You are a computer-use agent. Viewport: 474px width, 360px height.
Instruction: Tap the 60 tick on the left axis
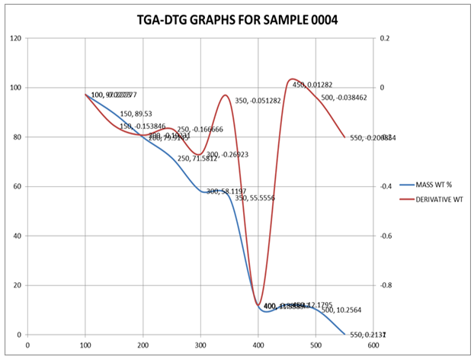(x=18, y=186)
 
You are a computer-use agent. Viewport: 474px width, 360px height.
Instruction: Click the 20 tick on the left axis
(x=18, y=285)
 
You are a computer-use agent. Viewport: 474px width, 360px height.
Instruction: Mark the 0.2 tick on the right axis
(x=383, y=38)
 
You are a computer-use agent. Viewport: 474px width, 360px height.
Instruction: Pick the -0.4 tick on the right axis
(x=386, y=186)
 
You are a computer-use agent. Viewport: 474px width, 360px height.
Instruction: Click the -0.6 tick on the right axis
(x=386, y=236)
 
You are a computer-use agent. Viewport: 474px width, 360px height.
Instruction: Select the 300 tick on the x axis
(x=200, y=345)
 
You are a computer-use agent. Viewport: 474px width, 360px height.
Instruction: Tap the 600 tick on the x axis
(x=373, y=345)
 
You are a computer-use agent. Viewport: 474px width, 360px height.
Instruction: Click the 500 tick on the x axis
(x=315, y=345)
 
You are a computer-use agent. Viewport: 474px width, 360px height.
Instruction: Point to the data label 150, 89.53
(x=136, y=114)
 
